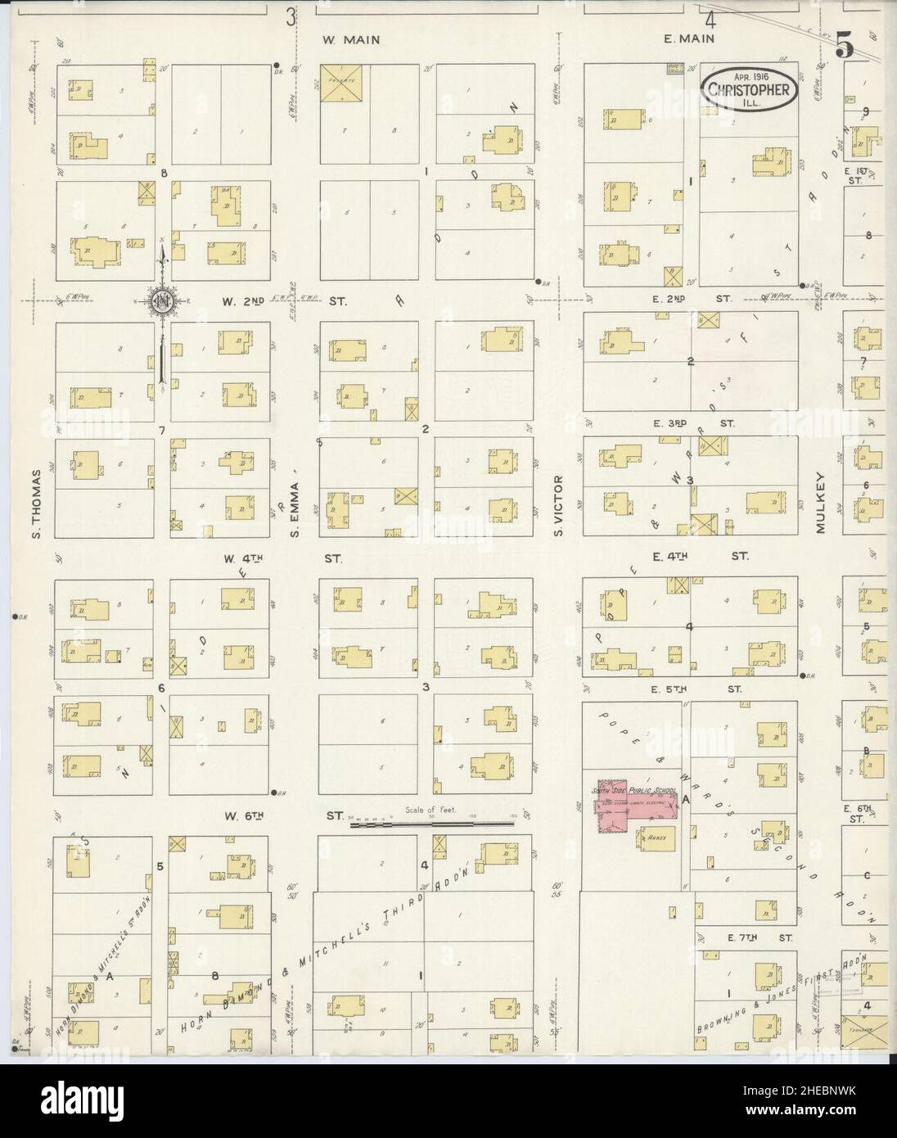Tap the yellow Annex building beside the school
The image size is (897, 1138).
point(654,838)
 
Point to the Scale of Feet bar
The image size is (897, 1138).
point(432,825)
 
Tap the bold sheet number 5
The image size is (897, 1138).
point(845,48)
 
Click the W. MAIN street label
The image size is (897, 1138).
point(351,39)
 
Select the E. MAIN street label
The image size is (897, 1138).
point(690,38)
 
